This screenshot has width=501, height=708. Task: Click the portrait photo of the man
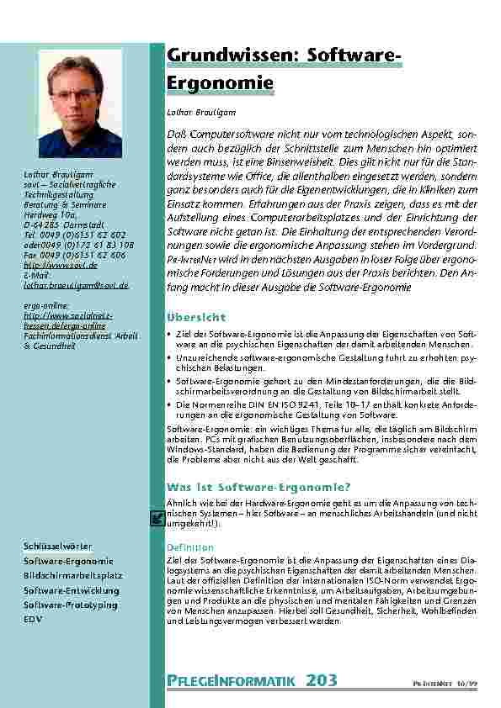pos(80,103)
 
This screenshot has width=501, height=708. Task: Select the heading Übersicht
pos(195,317)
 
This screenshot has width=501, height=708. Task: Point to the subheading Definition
pos(190,547)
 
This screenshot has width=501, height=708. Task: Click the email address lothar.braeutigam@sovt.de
pos(76,285)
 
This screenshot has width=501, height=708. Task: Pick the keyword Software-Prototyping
pos(70,605)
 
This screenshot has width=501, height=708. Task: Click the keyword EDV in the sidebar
pos(33,619)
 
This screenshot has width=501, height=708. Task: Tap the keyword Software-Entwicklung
pos(71,590)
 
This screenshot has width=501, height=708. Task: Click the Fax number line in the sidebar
pos(74,255)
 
